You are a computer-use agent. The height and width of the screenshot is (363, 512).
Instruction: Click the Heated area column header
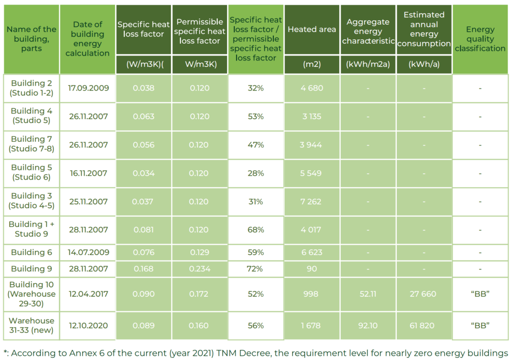tap(312, 30)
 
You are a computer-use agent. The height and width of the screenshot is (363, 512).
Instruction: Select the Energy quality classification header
tap(480, 39)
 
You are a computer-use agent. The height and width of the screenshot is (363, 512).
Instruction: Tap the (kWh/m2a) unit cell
tap(368, 64)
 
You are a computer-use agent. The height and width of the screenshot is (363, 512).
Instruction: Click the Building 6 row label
tap(31, 252)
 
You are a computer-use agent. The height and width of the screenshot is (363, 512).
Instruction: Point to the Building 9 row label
tap(31, 269)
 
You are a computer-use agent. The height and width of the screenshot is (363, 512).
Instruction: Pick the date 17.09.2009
tap(88, 88)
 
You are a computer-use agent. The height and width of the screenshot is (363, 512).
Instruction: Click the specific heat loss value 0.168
tap(143, 269)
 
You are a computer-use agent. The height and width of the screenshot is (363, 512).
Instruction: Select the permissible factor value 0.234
tap(199, 269)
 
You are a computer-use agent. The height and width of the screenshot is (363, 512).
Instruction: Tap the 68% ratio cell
tap(256, 230)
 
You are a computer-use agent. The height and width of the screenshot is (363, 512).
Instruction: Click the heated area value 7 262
tap(311, 202)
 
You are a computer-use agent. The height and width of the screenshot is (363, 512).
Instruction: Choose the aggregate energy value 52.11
tap(368, 294)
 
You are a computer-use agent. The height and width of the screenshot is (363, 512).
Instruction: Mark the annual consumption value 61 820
tap(422, 325)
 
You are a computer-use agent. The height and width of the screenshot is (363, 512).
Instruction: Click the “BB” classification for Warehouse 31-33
tap(480, 325)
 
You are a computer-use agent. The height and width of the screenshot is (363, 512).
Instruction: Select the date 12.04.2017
tap(88, 294)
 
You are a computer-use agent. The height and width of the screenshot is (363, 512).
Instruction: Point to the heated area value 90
tap(312, 269)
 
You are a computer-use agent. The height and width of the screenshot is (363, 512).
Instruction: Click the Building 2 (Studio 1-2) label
tap(31, 88)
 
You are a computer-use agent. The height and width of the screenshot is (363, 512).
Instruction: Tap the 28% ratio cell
tap(256, 173)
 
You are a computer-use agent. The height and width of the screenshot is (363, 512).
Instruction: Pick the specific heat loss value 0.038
tap(143, 88)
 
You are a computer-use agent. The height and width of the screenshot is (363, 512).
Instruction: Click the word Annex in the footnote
tap(85, 353)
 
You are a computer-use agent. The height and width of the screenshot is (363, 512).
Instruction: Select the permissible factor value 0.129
tap(199, 252)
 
